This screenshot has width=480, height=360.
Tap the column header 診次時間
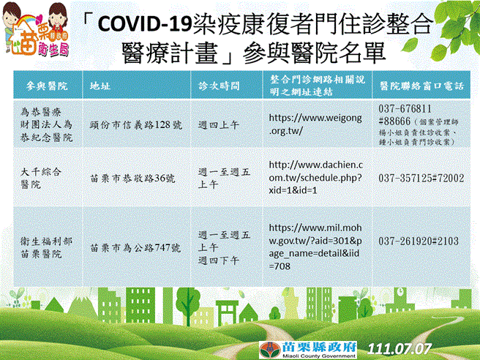tap(220, 86)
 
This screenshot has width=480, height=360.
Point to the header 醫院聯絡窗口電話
tap(422, 86)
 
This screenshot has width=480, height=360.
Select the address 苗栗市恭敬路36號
tap(132, 178)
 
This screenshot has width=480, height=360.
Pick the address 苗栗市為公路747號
tap(135, 247)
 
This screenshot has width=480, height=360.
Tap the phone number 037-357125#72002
tap(421, 178)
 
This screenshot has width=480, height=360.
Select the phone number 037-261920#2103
tap(419, 240)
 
